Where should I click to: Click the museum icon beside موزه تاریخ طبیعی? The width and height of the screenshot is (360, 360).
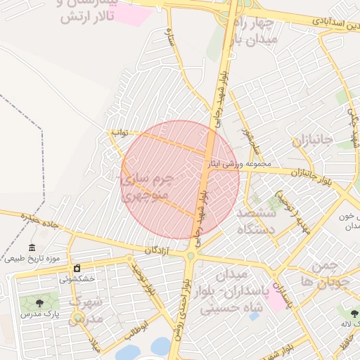[x=32, y=247]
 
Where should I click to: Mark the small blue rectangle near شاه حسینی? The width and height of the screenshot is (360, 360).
[x=252, y=317]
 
